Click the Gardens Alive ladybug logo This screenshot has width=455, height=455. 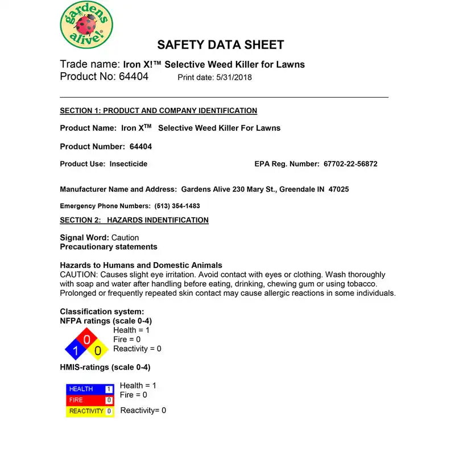pos(86,24)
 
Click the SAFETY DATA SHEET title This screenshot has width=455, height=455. pos(221,45)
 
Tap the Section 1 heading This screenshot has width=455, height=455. pos(158,111)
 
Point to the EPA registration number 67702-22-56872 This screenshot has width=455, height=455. pos(350,164)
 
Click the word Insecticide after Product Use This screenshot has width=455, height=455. pos(129,164)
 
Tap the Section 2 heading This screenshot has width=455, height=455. pos(134,220)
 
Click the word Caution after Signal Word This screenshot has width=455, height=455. pos(125,238)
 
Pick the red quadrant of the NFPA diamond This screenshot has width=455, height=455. pos(86,340)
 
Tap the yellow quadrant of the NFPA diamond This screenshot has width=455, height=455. pos(98,350)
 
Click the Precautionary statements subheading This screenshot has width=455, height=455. pos(109,247)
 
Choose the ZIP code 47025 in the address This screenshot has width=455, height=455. pos(338,189)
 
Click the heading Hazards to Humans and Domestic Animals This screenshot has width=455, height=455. pos(141,266)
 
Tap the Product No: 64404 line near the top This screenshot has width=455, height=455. pos(104,77)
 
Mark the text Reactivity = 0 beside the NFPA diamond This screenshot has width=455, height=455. pos(137,349)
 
